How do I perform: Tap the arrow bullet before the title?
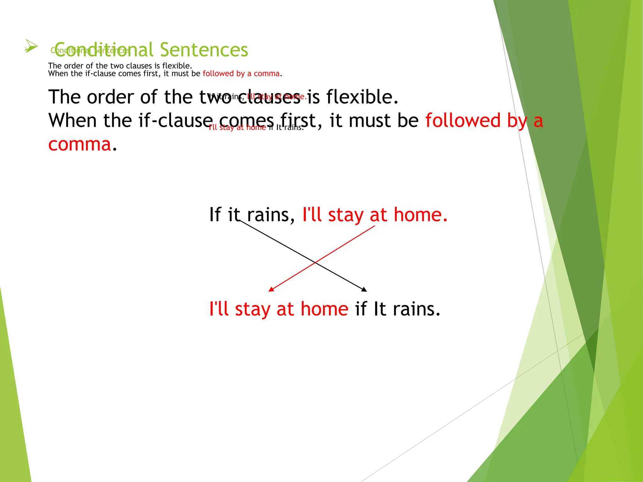(x=31, y=46)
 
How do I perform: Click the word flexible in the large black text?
(x=362, y=97)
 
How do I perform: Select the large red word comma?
(x=80, y=144)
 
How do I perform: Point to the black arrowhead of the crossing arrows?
(x=364, y=290)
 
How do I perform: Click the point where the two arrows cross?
(x=315, y=262)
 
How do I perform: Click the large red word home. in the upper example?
(x=420, y=215)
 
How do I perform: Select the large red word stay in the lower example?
(x=252, y=309)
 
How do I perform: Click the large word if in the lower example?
(x=361, y=309)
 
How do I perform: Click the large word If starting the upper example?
(x=215, y=215)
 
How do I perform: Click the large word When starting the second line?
(x=73, y=120)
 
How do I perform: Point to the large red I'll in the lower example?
(x=219, y=309)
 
